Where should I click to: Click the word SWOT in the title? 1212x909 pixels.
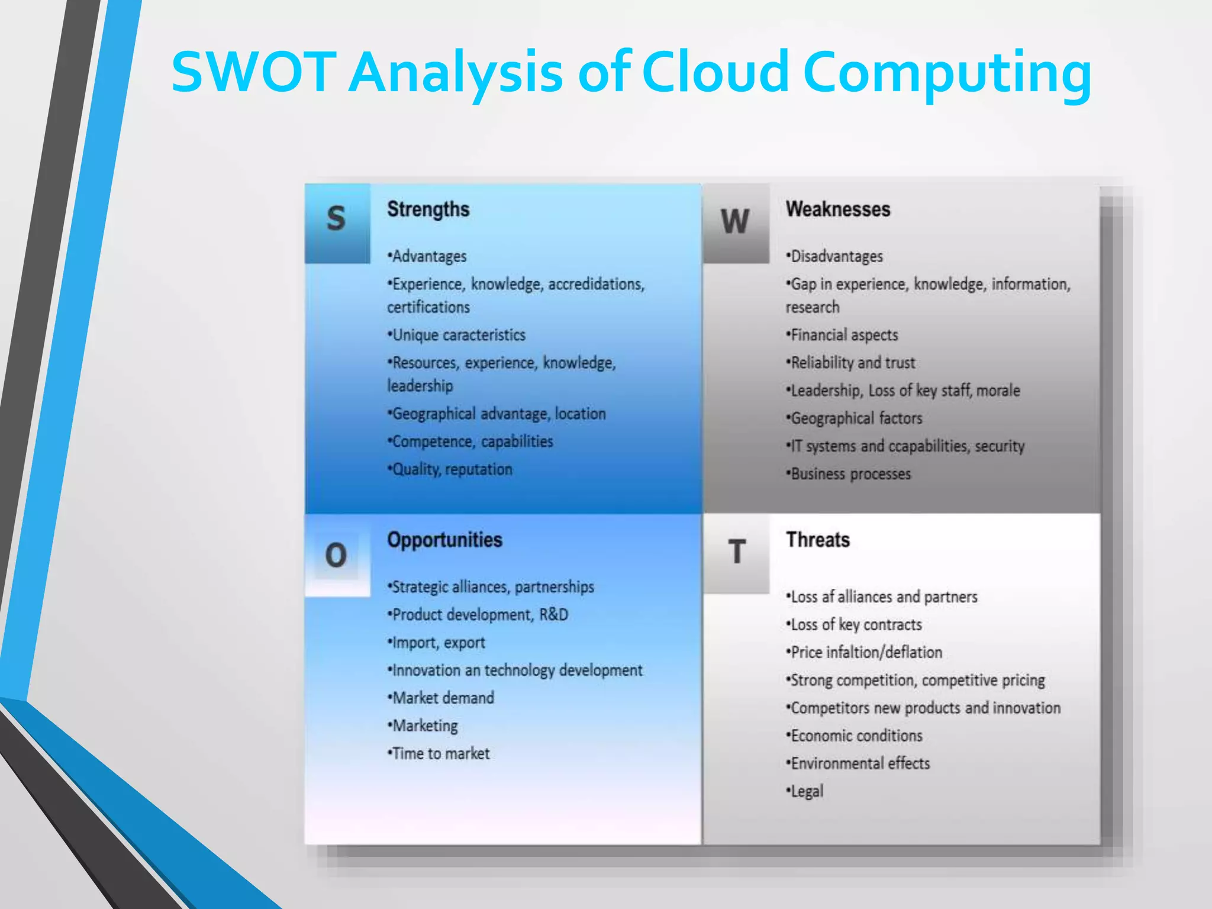253,72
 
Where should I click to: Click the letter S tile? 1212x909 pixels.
337,220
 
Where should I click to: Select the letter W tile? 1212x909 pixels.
735,222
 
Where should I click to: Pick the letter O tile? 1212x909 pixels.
336,555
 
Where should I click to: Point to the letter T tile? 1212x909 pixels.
736,552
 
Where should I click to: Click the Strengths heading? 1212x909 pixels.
428,209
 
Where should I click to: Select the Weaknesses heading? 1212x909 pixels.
837,209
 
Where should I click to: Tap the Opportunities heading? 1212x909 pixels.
444,540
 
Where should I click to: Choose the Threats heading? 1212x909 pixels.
817,540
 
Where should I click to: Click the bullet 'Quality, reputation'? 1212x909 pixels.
451,469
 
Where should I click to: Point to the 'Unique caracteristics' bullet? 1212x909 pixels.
457,335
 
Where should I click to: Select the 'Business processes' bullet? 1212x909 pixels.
849,473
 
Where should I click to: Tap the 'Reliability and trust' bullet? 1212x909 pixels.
852,363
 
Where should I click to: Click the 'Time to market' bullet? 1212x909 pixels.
440,753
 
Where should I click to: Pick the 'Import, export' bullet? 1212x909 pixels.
437,642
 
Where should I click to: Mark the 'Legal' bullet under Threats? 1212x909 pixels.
805,791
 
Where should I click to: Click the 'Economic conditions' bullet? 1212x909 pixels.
855,736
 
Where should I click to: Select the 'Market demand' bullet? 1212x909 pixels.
441,698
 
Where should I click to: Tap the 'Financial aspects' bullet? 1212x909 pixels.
843,335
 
